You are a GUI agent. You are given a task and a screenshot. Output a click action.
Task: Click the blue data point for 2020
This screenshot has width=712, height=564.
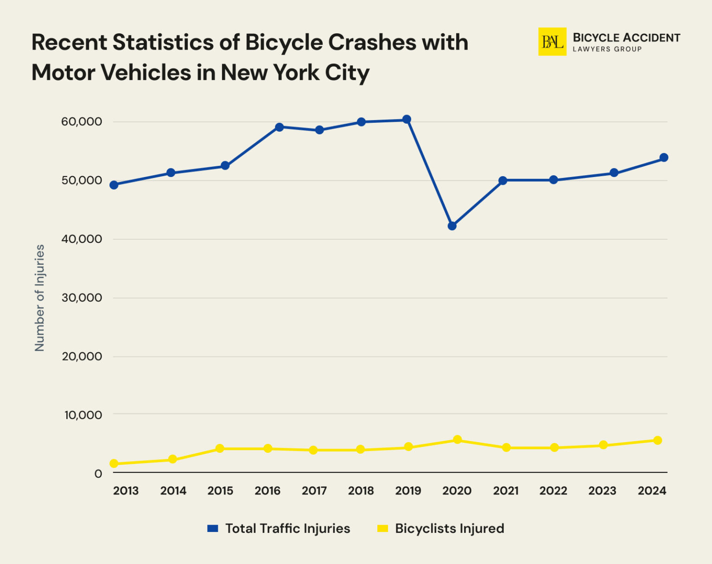coord(452,226)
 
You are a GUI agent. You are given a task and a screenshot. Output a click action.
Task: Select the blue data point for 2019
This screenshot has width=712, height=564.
coord(407,120)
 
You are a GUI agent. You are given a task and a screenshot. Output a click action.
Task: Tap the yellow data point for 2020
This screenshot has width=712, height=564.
coord(457,439)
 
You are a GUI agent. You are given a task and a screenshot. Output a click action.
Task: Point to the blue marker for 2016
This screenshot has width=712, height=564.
coord(279,127)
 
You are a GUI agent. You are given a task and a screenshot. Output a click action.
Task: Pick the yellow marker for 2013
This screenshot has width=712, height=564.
coord(114,463)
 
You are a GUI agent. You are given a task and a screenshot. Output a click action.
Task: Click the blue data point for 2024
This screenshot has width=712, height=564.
coord(664,158)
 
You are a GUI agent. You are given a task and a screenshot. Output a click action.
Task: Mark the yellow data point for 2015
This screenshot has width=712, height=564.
coord(220,448)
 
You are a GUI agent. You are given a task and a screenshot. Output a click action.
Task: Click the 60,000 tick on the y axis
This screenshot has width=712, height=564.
coord(82,122)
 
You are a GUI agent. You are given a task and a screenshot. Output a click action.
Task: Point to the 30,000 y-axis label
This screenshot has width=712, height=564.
coord(82,298)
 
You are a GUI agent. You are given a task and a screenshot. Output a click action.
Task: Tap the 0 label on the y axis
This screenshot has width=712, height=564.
coord(98,474)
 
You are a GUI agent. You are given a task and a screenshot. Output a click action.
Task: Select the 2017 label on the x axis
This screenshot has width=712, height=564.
coord(314,491)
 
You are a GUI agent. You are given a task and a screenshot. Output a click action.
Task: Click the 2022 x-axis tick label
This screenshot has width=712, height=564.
coord(553,491)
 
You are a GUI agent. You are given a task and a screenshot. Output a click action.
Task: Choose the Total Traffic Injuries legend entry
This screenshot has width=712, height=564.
coord(279,528)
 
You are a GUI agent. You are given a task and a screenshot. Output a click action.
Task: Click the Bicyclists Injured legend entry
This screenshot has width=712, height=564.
coord(441,528)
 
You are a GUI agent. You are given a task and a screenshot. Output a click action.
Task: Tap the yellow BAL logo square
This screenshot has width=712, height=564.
coord(552,42)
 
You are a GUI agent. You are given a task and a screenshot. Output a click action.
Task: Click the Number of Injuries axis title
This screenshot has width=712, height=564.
coord(40,298)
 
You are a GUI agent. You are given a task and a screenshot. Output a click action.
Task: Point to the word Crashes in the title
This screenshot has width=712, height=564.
coord(372,42)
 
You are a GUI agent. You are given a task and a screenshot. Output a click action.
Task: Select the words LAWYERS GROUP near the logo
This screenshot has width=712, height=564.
coord(607,49)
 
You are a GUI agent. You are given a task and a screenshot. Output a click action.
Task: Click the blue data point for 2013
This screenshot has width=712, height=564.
coord(114,185)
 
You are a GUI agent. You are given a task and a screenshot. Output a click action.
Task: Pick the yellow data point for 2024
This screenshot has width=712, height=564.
coord(657,440)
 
